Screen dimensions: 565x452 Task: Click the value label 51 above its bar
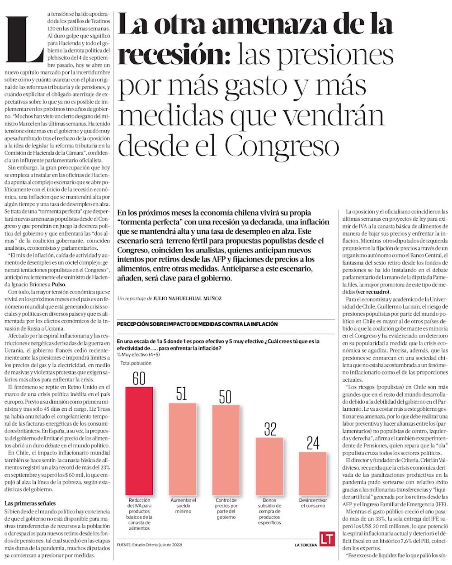pos(182,394)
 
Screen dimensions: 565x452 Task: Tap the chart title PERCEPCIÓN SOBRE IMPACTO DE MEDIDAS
pos(197,324)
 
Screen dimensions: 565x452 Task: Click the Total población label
pos(136,363)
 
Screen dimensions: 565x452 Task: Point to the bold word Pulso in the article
pos(58,284)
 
